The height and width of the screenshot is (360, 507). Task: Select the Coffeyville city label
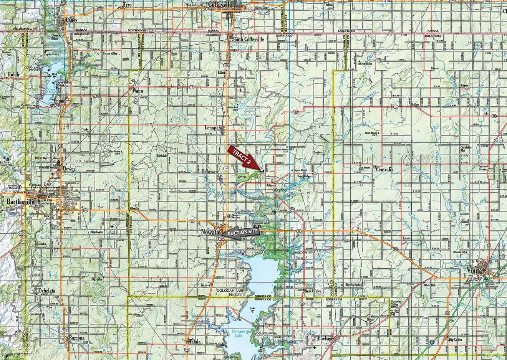tap(223, 4)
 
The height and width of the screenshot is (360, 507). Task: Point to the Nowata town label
tap(209, 233)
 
